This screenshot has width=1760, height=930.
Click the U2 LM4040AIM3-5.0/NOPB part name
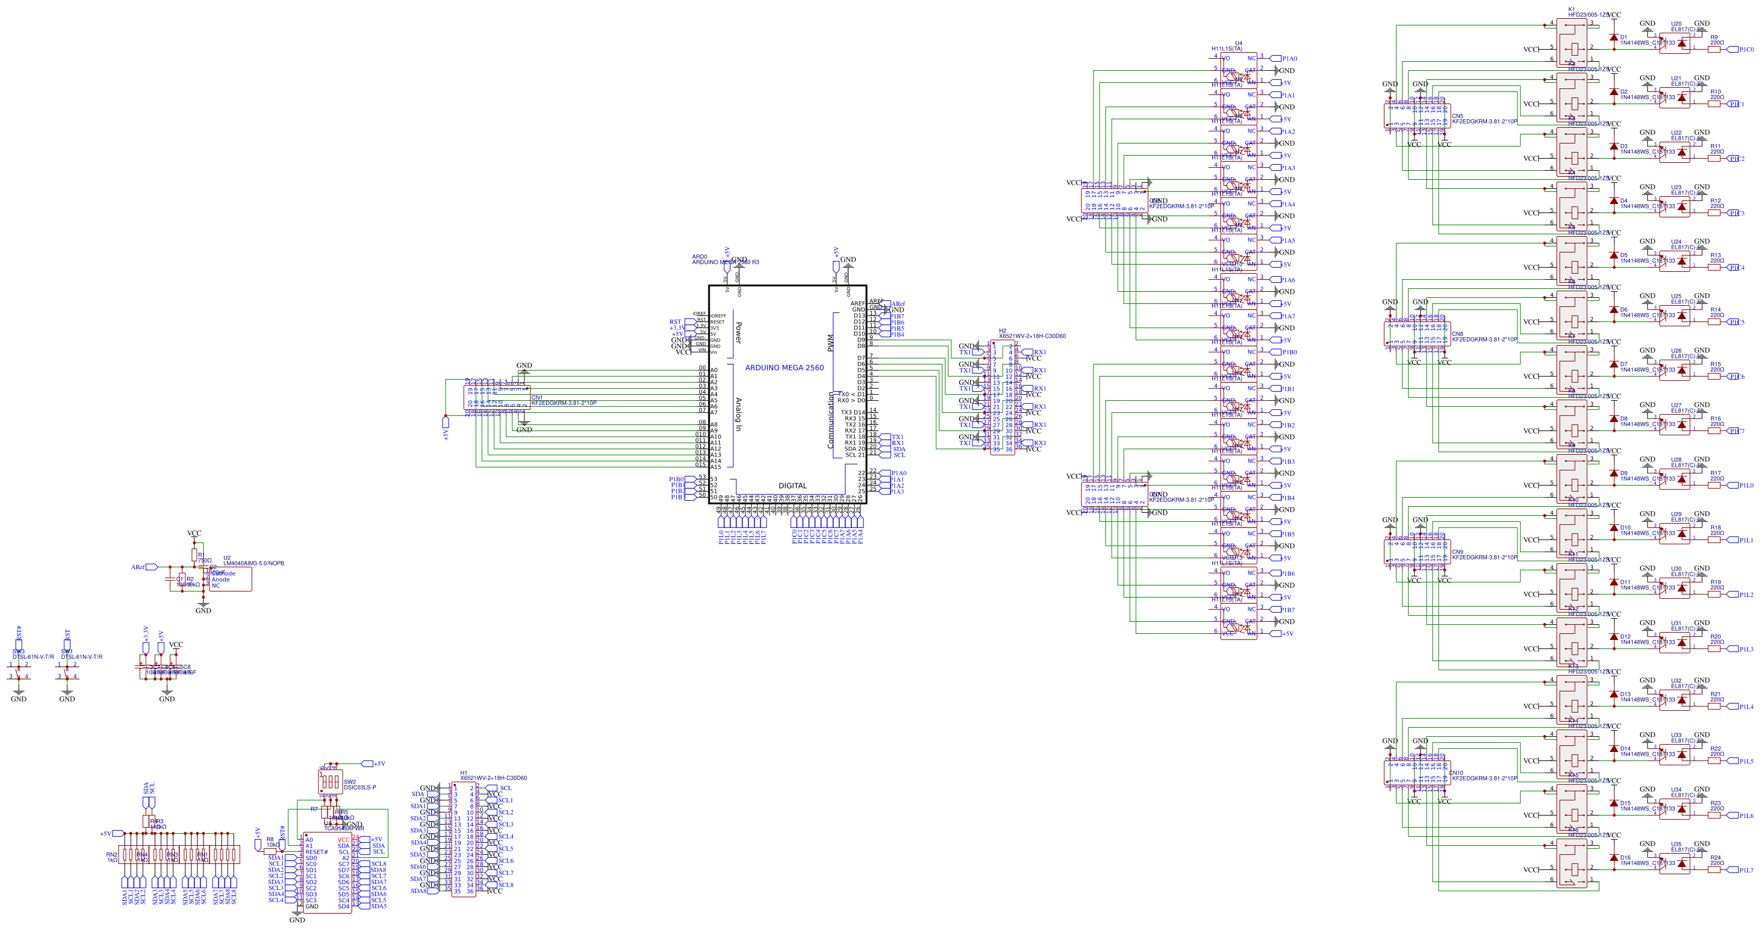tap(254, 563)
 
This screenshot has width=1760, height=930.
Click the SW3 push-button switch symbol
tap(18, 670)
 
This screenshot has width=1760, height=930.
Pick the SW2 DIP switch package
tap(330, 781)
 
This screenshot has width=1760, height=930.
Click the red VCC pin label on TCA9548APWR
tap(343, 840)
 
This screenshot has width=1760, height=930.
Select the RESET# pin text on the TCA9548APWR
tap(316, 852)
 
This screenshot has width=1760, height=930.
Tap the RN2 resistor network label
tap(111, 855)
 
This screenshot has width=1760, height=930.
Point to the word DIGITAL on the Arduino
tap(793, 486)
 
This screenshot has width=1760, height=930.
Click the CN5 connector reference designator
tap(1457, 116)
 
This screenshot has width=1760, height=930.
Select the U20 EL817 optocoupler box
tap(1675, 42)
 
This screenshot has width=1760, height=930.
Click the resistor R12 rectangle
tap(1714, 213)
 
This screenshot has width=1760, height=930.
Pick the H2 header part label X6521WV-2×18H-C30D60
tap(1032, 336)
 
